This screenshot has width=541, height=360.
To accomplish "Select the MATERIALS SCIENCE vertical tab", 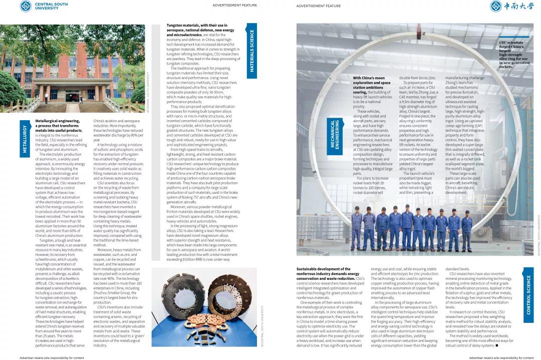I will [x=252, y=51].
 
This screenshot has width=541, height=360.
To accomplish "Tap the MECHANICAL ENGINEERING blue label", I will [x=335, y=134].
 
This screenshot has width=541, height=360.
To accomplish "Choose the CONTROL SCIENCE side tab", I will [x=528, y=295].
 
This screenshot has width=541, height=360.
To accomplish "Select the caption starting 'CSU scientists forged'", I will [x=514, y=55].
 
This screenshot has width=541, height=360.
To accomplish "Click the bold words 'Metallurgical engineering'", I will [x=57, y=121].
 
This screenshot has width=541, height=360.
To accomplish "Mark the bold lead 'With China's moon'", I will [x=371, y=78].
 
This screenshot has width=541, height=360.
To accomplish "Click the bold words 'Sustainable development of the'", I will [x=323, y=269].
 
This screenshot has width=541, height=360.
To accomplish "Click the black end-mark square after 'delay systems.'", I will [x=496, y=345].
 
